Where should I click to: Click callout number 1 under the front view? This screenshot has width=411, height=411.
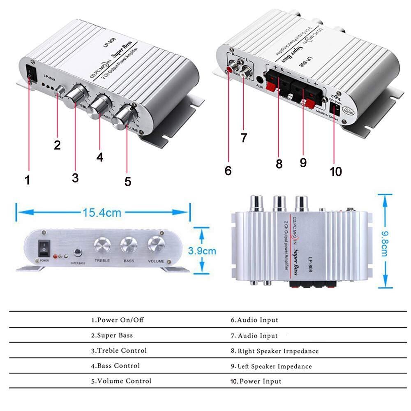pyautogui.click(x=27, y=180)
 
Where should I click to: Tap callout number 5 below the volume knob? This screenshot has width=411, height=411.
pyautogui.click(x=128, y=181)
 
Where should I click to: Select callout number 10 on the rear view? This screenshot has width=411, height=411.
pyautogui.click(x=336, y=171)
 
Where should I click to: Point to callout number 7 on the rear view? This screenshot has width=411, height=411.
pyautogui.click(x=244, y=138)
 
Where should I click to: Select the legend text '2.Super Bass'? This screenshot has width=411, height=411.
pyautogui.click(x=112, y=335)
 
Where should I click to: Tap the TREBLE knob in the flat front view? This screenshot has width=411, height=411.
pyautogui.click(x=102, y=246)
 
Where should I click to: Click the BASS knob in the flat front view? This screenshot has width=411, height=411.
pyautogui.click(x=129, y=246)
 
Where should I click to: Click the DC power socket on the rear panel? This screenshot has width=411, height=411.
pyautogui.click(x=336, y=108)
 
